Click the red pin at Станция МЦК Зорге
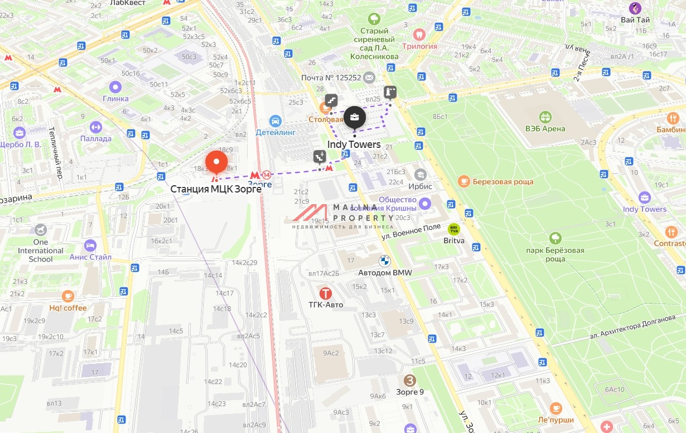216,162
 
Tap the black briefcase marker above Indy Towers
355,118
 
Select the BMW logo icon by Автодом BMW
384,261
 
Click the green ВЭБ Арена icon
545,117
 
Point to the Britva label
454,240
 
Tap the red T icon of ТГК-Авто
326,293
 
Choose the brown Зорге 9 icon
410,381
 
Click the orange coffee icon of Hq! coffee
68,296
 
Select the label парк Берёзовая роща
555,254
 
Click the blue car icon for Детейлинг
274,121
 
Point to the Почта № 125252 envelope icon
369,77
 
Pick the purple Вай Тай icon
635,8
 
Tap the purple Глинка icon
115,87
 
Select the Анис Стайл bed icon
90,246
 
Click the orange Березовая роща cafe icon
463,181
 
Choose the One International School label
41,251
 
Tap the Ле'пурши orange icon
555,408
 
